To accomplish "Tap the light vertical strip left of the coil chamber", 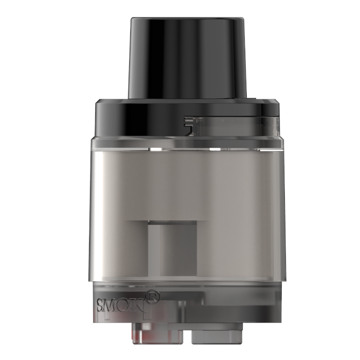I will (x=153, y=249).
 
